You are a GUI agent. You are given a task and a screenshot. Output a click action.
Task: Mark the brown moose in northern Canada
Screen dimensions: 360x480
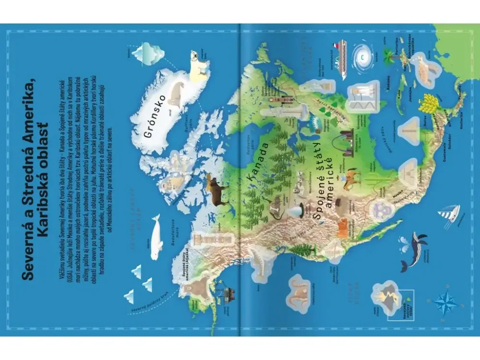click(x=217, y=190)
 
